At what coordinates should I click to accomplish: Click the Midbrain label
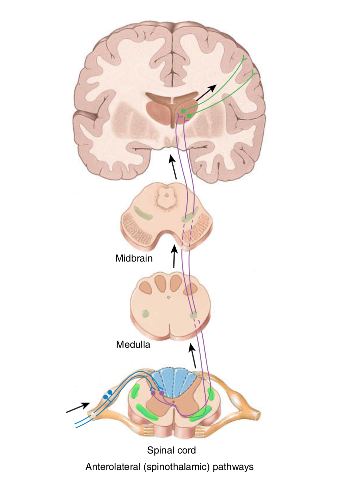coord(134,258)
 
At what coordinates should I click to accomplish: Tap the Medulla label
coord(133,345)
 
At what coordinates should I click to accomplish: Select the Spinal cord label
coord(171,450)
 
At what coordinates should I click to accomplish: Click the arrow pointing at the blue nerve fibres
coord(78,407)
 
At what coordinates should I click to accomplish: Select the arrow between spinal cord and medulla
coord(193,356)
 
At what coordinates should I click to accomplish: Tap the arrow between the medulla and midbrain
coord(174,257)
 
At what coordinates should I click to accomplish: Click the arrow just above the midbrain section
coord(173,167)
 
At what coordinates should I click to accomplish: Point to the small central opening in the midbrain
coord(166,195)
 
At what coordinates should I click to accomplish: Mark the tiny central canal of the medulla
coord(169,297)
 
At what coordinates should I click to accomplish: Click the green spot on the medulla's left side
coord(145,314)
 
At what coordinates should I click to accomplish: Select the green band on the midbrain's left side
coord(143,213)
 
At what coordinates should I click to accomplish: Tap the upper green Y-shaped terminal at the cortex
coord(244,59)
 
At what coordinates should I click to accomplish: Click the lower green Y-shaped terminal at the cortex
coord(254,73)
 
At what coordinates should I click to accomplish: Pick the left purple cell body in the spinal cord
coord(153,393)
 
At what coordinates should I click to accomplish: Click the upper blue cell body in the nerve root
coord(110,392)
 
